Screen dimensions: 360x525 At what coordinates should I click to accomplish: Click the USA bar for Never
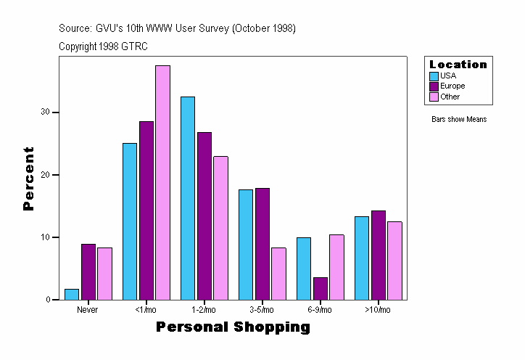pyautogui.click(x=72, y=295)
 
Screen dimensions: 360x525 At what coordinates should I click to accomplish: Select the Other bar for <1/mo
pyautogui.click(x=162, y=183)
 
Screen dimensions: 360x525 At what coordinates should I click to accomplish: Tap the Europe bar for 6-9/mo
pyautogui.click(x=320, y=289)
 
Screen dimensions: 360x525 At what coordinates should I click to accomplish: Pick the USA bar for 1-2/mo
pyautogui.click(x=188, y=198)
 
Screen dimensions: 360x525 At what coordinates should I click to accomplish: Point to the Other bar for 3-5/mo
pyautogui.click(x=278, y=274)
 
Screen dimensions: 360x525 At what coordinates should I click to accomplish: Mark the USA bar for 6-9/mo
pyautogui.click(x=304, y=269)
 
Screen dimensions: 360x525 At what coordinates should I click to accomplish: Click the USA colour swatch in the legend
pyautogui.click(x=434, y=75)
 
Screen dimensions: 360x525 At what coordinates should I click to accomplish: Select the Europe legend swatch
pyautogui.click(x=434, y=86)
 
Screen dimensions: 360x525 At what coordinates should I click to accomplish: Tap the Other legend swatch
pyautogui.click(x=434, y=97)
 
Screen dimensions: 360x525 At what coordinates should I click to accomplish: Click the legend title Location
pyautogui.click(x=458, y=65)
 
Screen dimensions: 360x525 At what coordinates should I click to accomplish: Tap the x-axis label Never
pyautogui.click(x=87, y=310)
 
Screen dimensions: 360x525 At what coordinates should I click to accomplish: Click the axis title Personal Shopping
pyautogui.click(x=233, y=327)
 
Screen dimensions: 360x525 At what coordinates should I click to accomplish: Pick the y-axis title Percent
pyautogui.click(x=29, y=179)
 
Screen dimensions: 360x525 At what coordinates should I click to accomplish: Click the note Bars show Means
pyautogui.click(x=459, y=119)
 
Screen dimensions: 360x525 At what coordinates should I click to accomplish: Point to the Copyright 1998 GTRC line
pyautogui.click(x=103, y=46)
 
